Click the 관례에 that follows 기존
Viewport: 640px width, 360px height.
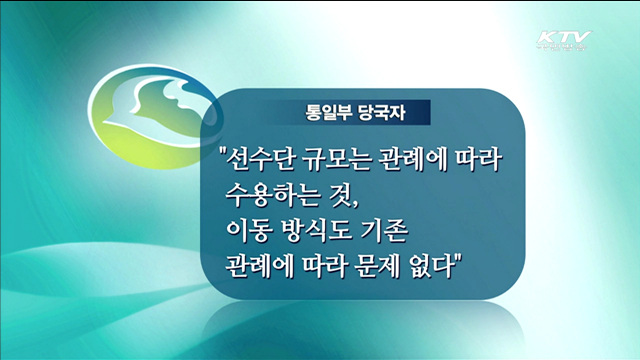click(x=263, y=267)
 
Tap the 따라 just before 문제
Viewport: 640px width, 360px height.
click(x=335, y=267)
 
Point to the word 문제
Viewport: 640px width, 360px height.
click(x=392, y=267)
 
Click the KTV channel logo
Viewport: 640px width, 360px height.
click(x=563, y=42)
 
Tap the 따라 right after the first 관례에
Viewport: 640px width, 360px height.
click(x=485, y=160)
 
